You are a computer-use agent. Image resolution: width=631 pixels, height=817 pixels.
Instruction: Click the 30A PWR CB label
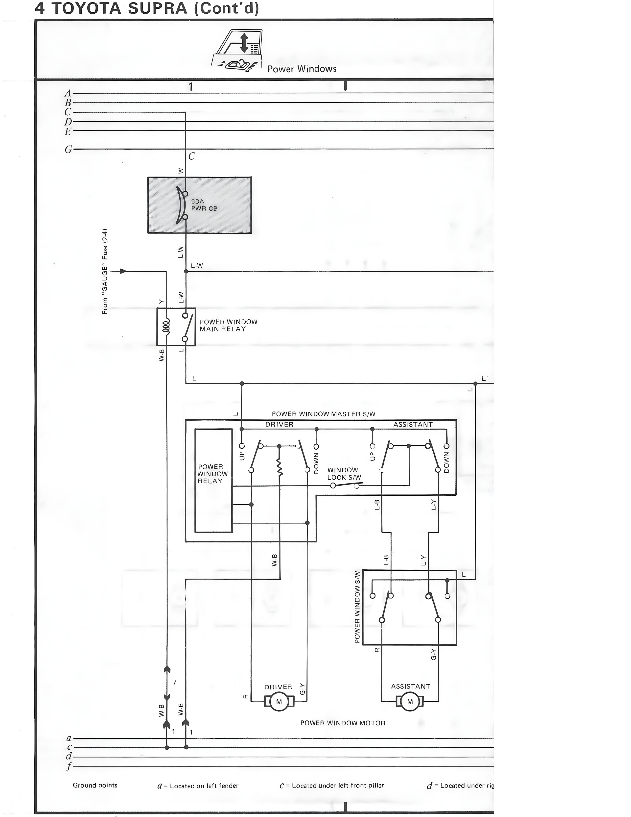[x=204, y=205]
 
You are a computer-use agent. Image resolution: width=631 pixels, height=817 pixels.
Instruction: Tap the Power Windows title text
[x=302, y=69]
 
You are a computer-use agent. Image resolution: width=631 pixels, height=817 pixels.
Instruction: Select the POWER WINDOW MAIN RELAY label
[x=228, y=326]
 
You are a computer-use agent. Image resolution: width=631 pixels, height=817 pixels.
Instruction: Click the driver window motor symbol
[x=279, y=701]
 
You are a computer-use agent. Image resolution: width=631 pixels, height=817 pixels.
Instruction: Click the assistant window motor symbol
[x=410, y=701]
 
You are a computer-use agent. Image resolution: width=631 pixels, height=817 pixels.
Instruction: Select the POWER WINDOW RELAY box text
[x=212, y=474]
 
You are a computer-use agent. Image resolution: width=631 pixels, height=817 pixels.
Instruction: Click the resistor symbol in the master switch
[x=279, y=467]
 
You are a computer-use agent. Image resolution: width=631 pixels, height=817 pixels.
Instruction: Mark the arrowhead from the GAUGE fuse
[x=123, y=271]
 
